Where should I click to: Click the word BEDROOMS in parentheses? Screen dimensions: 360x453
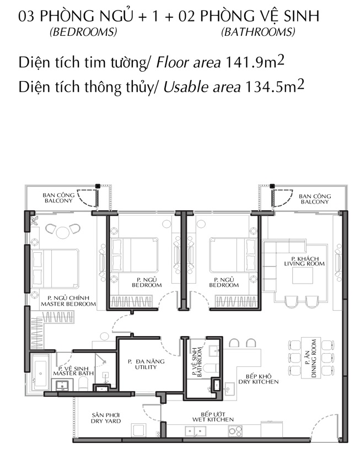pyautogui.click(x=83, y=31)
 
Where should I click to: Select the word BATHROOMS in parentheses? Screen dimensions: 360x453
pyautogui.click(x=259, y=31)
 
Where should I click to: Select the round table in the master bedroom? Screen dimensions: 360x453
pyautogui.click(x=63, y=232)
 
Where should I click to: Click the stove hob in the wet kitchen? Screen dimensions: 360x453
pyautogui.click(x=235, y=431)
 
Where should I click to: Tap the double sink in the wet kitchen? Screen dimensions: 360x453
pyautogui.click(x=195, y=431)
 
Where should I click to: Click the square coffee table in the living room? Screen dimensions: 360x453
pyautogui.click(x=303, y=276)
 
